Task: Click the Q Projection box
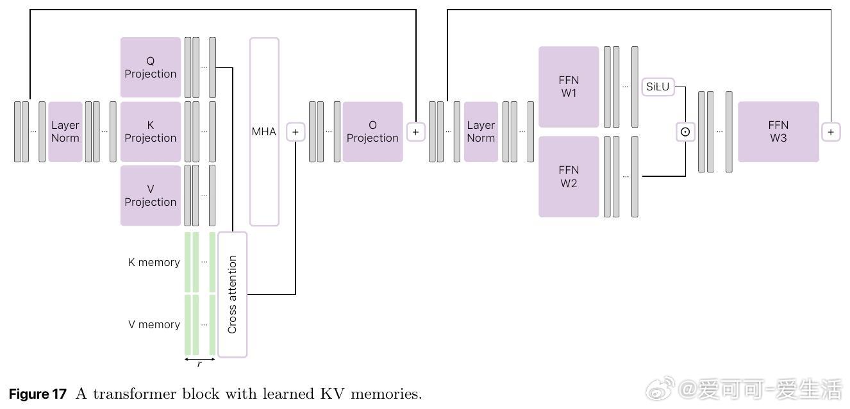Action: tap(151, 67)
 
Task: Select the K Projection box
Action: tap(151, 131)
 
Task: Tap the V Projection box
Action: tap(151, 196)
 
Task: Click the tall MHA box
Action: tap(264, 131)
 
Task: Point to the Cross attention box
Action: tap(232, 294)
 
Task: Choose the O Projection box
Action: tap(372, 131)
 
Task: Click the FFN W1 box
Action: tap(569, 87)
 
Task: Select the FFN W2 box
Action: tap(569, 176)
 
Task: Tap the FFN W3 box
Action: tap(778, 131)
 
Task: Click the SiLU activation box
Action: tap(658, 87)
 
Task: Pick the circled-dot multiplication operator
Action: tap(685, 131)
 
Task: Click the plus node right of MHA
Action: tap(296, 131)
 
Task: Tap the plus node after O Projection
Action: tap(415, 131)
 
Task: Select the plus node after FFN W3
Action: tap(831, 131)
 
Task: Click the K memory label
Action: tap(154, 262)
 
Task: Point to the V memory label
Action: tap(154, 324)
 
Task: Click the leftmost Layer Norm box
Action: tap(65, 131)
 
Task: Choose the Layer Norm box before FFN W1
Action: tap(481, 131)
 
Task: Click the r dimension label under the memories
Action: tap(199, 364)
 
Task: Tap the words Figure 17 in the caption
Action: tap(37, 394)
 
